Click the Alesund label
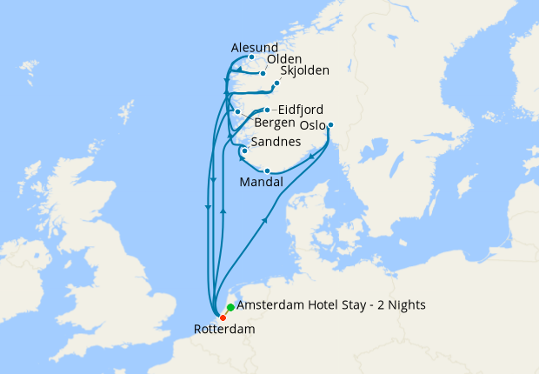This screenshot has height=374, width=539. tap(255, 47)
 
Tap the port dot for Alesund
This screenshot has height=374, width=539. tap(251, 58)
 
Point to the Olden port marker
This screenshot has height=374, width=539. tap(263, 73)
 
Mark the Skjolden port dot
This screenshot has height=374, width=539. tap(276, 83)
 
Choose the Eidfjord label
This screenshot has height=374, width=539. tap(298, 110)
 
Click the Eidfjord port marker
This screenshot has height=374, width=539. tap(266, 110)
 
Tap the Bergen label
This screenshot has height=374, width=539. tap(275, 123)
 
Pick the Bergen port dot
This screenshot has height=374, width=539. tap(237, 112)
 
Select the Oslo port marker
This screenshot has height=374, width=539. tap(330, 124)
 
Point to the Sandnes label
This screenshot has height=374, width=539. tap(276, 142)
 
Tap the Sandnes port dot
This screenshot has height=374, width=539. tap(245, 151)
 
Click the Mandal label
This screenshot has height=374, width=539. tap(260, 183)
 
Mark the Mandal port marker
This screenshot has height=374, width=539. tap(267, 170)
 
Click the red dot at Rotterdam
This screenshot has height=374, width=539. tap(223, 317)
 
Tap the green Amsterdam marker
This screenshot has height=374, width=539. tap(230, 307)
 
